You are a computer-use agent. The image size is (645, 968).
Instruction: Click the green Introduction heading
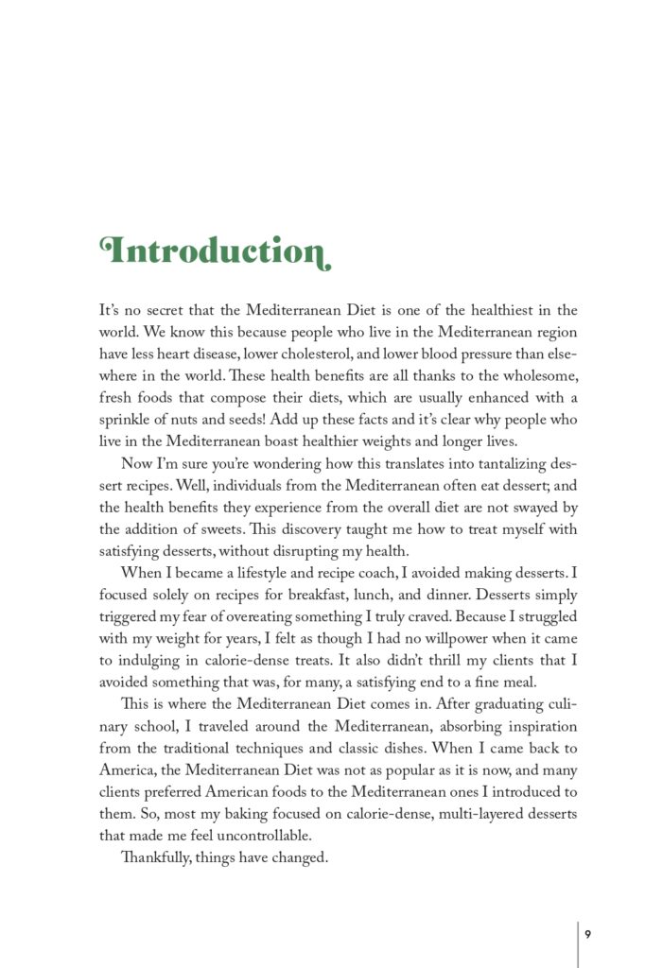(215, 251)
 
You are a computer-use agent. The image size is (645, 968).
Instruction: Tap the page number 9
(587, 934)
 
